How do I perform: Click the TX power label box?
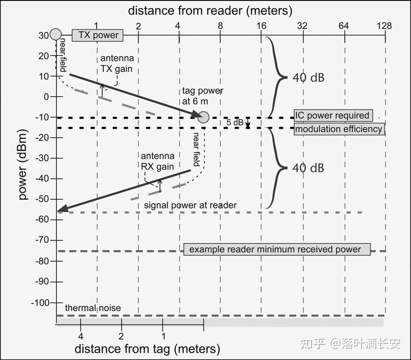click(98, 35)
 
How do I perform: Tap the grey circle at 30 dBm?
click(56, 34)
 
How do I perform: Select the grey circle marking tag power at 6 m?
click(203, 117)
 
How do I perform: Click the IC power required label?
click(333, 115)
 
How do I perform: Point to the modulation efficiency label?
click(339, 129)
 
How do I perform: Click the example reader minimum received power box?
click(277, 249)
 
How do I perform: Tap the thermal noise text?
click(93, 308)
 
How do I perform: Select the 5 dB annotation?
click(235, 123)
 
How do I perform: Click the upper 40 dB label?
click(309, 78)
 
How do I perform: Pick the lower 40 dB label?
click(308, 168)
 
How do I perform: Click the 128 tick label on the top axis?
click(384, 26)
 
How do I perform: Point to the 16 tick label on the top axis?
click(261, 26)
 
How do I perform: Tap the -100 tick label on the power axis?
click(40, 303)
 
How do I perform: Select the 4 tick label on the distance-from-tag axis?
click(81, 336)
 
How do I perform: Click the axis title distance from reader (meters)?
click(210, 11)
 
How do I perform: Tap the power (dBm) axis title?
click(23, 165)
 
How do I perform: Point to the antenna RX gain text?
click(158, 161)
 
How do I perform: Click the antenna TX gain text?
click(117, 63)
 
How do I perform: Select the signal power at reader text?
click(190, 205)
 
